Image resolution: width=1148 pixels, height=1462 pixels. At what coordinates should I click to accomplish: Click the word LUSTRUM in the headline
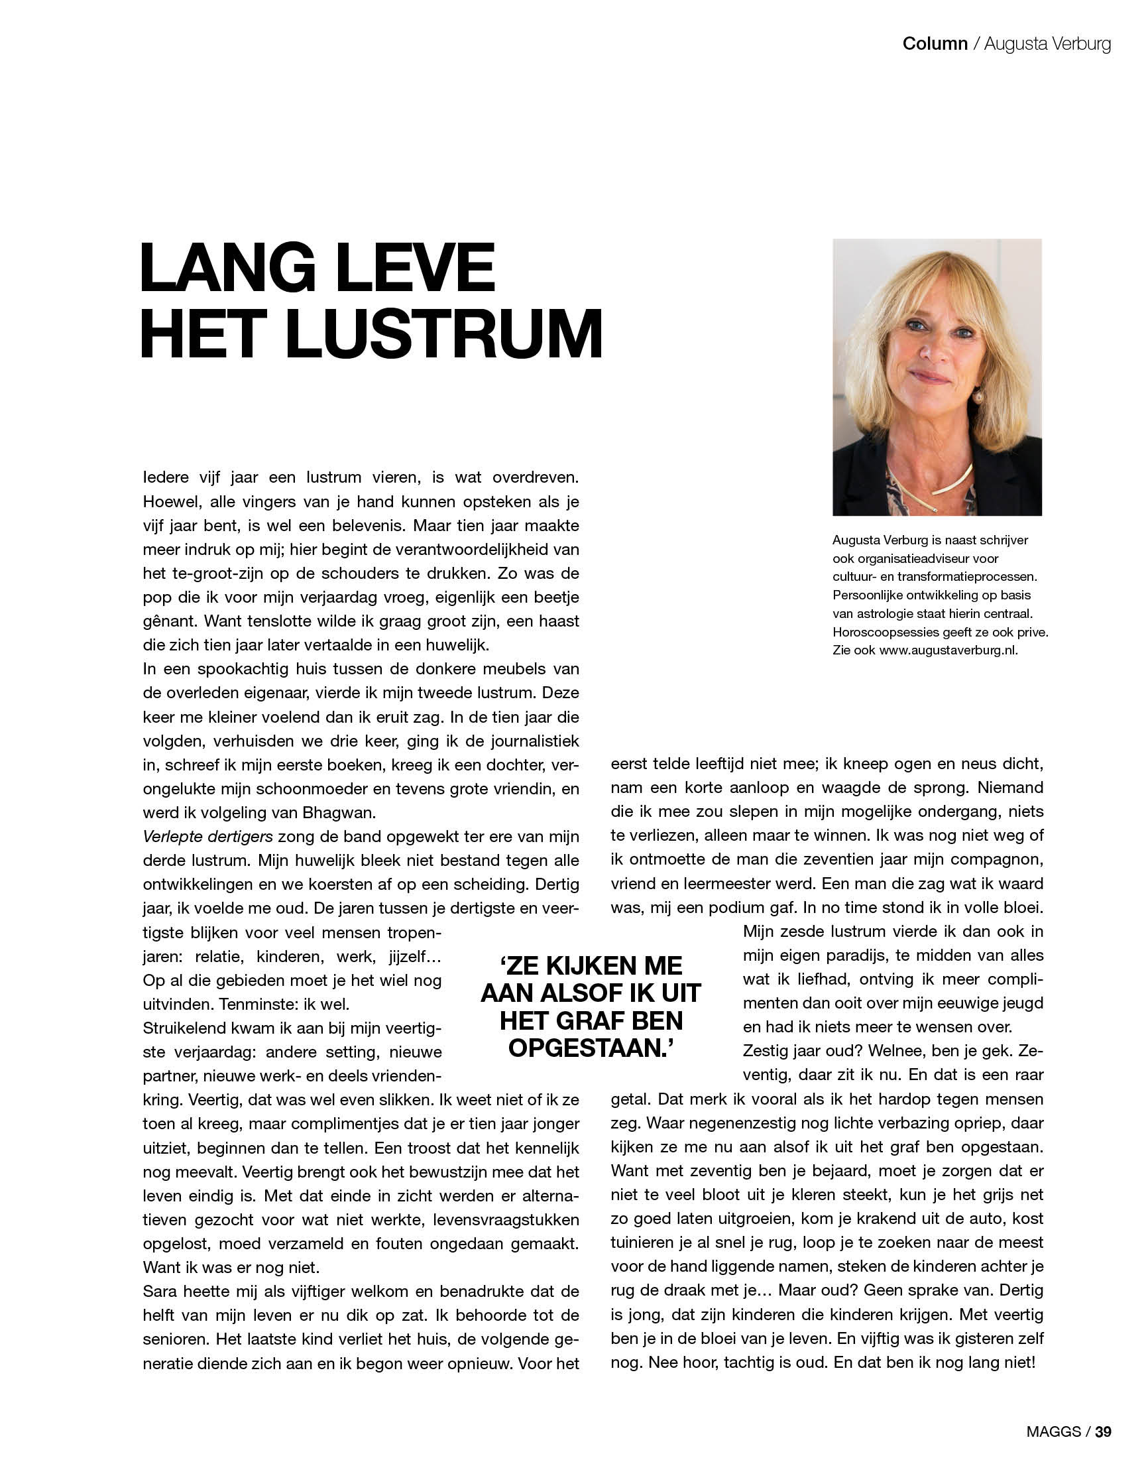pos(444,334)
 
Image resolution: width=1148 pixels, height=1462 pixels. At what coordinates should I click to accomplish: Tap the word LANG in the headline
pos(228,269)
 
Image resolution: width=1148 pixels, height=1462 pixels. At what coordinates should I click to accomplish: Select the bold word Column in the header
pos(935,44)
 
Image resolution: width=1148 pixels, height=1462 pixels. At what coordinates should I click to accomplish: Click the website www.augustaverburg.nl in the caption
pos(948,650)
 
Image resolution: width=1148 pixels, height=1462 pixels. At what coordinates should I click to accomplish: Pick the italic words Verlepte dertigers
pos(207,836)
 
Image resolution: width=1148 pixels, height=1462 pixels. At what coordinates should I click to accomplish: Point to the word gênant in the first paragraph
pos(167,621)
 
